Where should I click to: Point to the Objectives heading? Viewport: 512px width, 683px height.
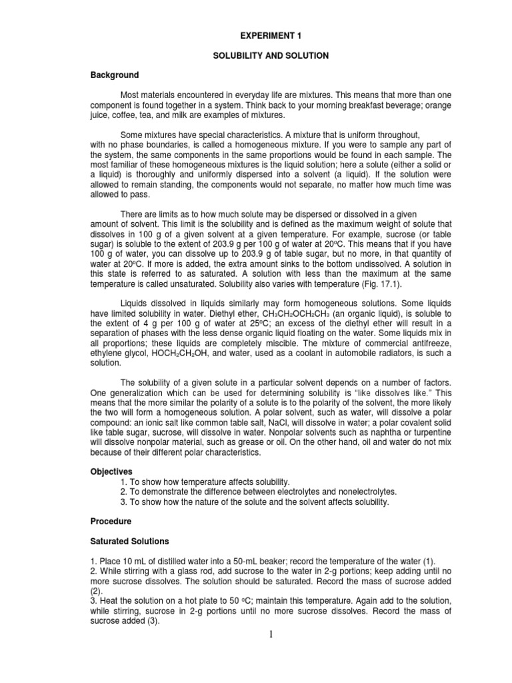pos(111,471)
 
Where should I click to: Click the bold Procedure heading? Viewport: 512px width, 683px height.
pos(111,520)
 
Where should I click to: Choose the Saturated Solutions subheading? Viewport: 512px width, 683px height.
pos(130,540)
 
